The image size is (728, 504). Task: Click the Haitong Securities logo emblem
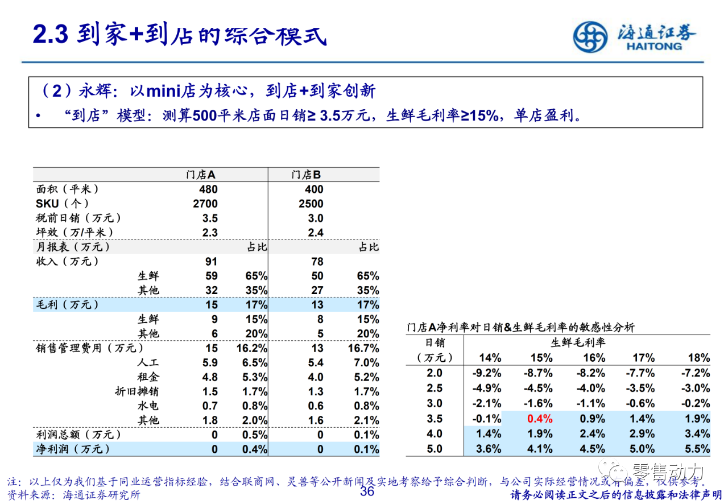[x=590, y=37]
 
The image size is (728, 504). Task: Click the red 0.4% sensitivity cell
[x=541, y=419]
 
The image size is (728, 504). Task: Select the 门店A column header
[x=201, y=175]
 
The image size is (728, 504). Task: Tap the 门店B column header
[x=306, y=175]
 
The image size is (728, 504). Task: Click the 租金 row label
[x=148, y=377]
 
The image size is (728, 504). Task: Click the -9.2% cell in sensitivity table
[x=487, y=373]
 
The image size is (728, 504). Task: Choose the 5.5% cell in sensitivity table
[x=698, y=448]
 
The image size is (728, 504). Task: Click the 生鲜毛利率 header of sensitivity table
[x=578, y=342]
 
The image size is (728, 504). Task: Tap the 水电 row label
[x=148, y=406]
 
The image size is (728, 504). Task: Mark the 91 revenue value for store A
[x=211, y=262]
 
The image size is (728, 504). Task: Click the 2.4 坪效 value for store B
[x=316, y=233]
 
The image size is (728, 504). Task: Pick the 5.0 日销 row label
[x=435, y=448]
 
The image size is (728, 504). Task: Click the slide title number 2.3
[x=50, y=35]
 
